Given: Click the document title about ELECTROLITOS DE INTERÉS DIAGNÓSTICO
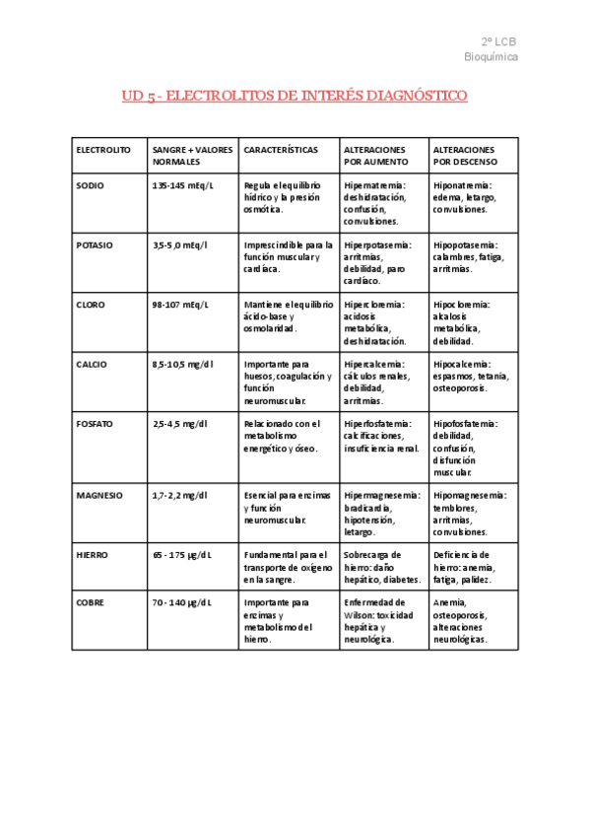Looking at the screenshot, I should pyautogui.click(x=295, y=96).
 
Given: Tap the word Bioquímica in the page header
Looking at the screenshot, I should pyautogui.click(x=491, y=57).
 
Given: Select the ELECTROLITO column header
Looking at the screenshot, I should pyautogui.click(x=103, y=150).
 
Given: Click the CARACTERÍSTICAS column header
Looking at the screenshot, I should pyautogui.click(x=281, y=150).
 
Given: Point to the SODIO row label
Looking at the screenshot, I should pyautogui.click(x=90, y=185).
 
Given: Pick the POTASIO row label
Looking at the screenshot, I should pyautogui.click(x=95, y=244).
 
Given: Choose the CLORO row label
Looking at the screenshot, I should pyautogui.click(x=91, y=305).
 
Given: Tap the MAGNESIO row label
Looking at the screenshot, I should pyautogui.click(x=98, y=495).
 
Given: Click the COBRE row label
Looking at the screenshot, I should pyautogui.click(x=90, y=601).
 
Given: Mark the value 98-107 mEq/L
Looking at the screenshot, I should pyautogui.click(x=179, y=305).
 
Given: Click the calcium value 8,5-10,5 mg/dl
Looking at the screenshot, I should pyautogui.click(x=180, y=364).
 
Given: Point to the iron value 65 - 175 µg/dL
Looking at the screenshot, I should pyautogui.click(x=182, y=555).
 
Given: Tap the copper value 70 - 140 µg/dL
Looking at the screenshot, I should pyautogui.click(x=182, y=601).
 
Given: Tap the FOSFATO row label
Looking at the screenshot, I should pyautogui.click(x=95, y=424).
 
